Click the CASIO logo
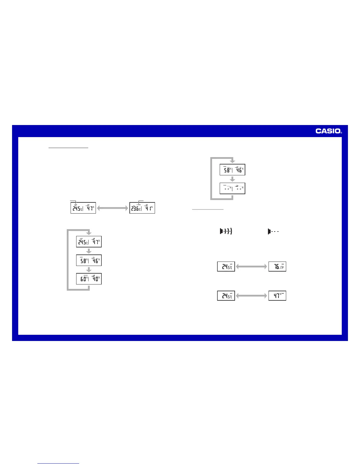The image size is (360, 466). pyautogui.click(x=328, y=131)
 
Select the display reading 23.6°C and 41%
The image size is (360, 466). pyautogui.click(x=142, y=208)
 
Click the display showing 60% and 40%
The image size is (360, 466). pyautogui.click(x=89, y=279)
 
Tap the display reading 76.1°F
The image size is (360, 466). pyautogui.click(x=277, y=267)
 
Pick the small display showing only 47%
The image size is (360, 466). pyautogui.click(x=277, y=296)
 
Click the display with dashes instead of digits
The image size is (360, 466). pyautogui.click(x=232, y=188)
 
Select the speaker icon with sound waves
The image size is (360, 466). pyautogui.click(x=226, y=232)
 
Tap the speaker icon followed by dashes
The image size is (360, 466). pyautogui.click(x=273, y=232)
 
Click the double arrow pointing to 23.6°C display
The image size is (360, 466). pyautogui.click(x=113, y=208)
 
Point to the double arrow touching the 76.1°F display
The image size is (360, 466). pyautogui.click(x=252, y=267)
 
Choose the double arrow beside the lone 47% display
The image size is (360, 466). pyautogui.click(x=252, y=296)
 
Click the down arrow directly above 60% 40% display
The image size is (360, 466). pyautogui.click(x=89, y=270)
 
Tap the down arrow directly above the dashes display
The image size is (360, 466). pyautogui.click(x=232, y=179)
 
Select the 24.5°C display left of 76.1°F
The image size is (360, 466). pyautogui.click(x=226, y=267)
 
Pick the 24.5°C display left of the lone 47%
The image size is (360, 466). pyautogui.click(x=226, y=296)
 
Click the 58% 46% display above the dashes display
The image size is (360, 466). pyautogui.click(x=232, y=170)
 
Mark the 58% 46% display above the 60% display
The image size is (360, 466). pyautogui.click(x=89, y=260)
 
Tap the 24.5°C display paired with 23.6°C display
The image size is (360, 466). pyautogui.click(x=83, y=208)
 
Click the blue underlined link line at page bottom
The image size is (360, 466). pyautogui.click(x=58, y=463)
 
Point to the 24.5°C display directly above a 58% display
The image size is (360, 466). pyautogui.click(x=89, y=242)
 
